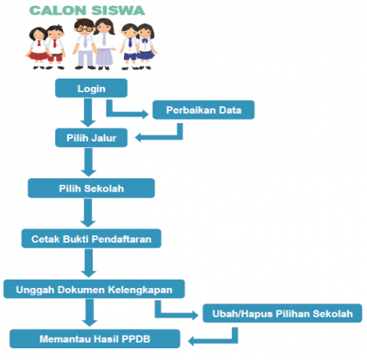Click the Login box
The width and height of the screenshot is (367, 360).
pyautogui.click(x=91, y=88)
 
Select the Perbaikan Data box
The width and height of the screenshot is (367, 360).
pyautogui.click(x=204, y=110)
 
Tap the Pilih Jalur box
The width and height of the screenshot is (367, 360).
pyautogui.click(x=91, y=138)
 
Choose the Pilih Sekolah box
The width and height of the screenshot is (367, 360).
pyautogui.click(x=91, y=188)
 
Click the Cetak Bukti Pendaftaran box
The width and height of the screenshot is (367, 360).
pyautogui.click(x=91, y=239)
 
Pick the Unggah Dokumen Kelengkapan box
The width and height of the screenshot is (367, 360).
pyautogui.click(x=94, y=290)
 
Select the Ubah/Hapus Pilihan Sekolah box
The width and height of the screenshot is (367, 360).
pyautogui.click(x=282, y=313)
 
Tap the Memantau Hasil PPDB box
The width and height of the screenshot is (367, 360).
pyautogui.click(x=95, y=339)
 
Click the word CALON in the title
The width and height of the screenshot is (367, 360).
pyautogui.click(x=58, y=11)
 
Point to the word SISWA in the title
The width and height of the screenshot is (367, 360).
pyautogui.click(x=118, y=11)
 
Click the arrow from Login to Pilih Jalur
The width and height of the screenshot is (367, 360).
pyautogui.click(x=88, y=113)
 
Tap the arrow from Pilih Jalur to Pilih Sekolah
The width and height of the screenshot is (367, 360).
pyautogui.click(x=89, y=162)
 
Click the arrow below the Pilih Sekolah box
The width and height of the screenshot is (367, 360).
pyautogui.click(x=88, y=213)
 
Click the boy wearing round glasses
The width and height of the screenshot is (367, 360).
pyautogui.click(x=84, y=44)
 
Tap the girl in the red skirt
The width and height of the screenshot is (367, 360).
pyautogui.click(x=38, y=48)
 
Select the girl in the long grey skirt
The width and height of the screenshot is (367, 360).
pyautogui.click(x=105, y=44)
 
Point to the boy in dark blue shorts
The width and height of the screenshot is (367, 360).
pyautogui.click(x=129, y=46)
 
